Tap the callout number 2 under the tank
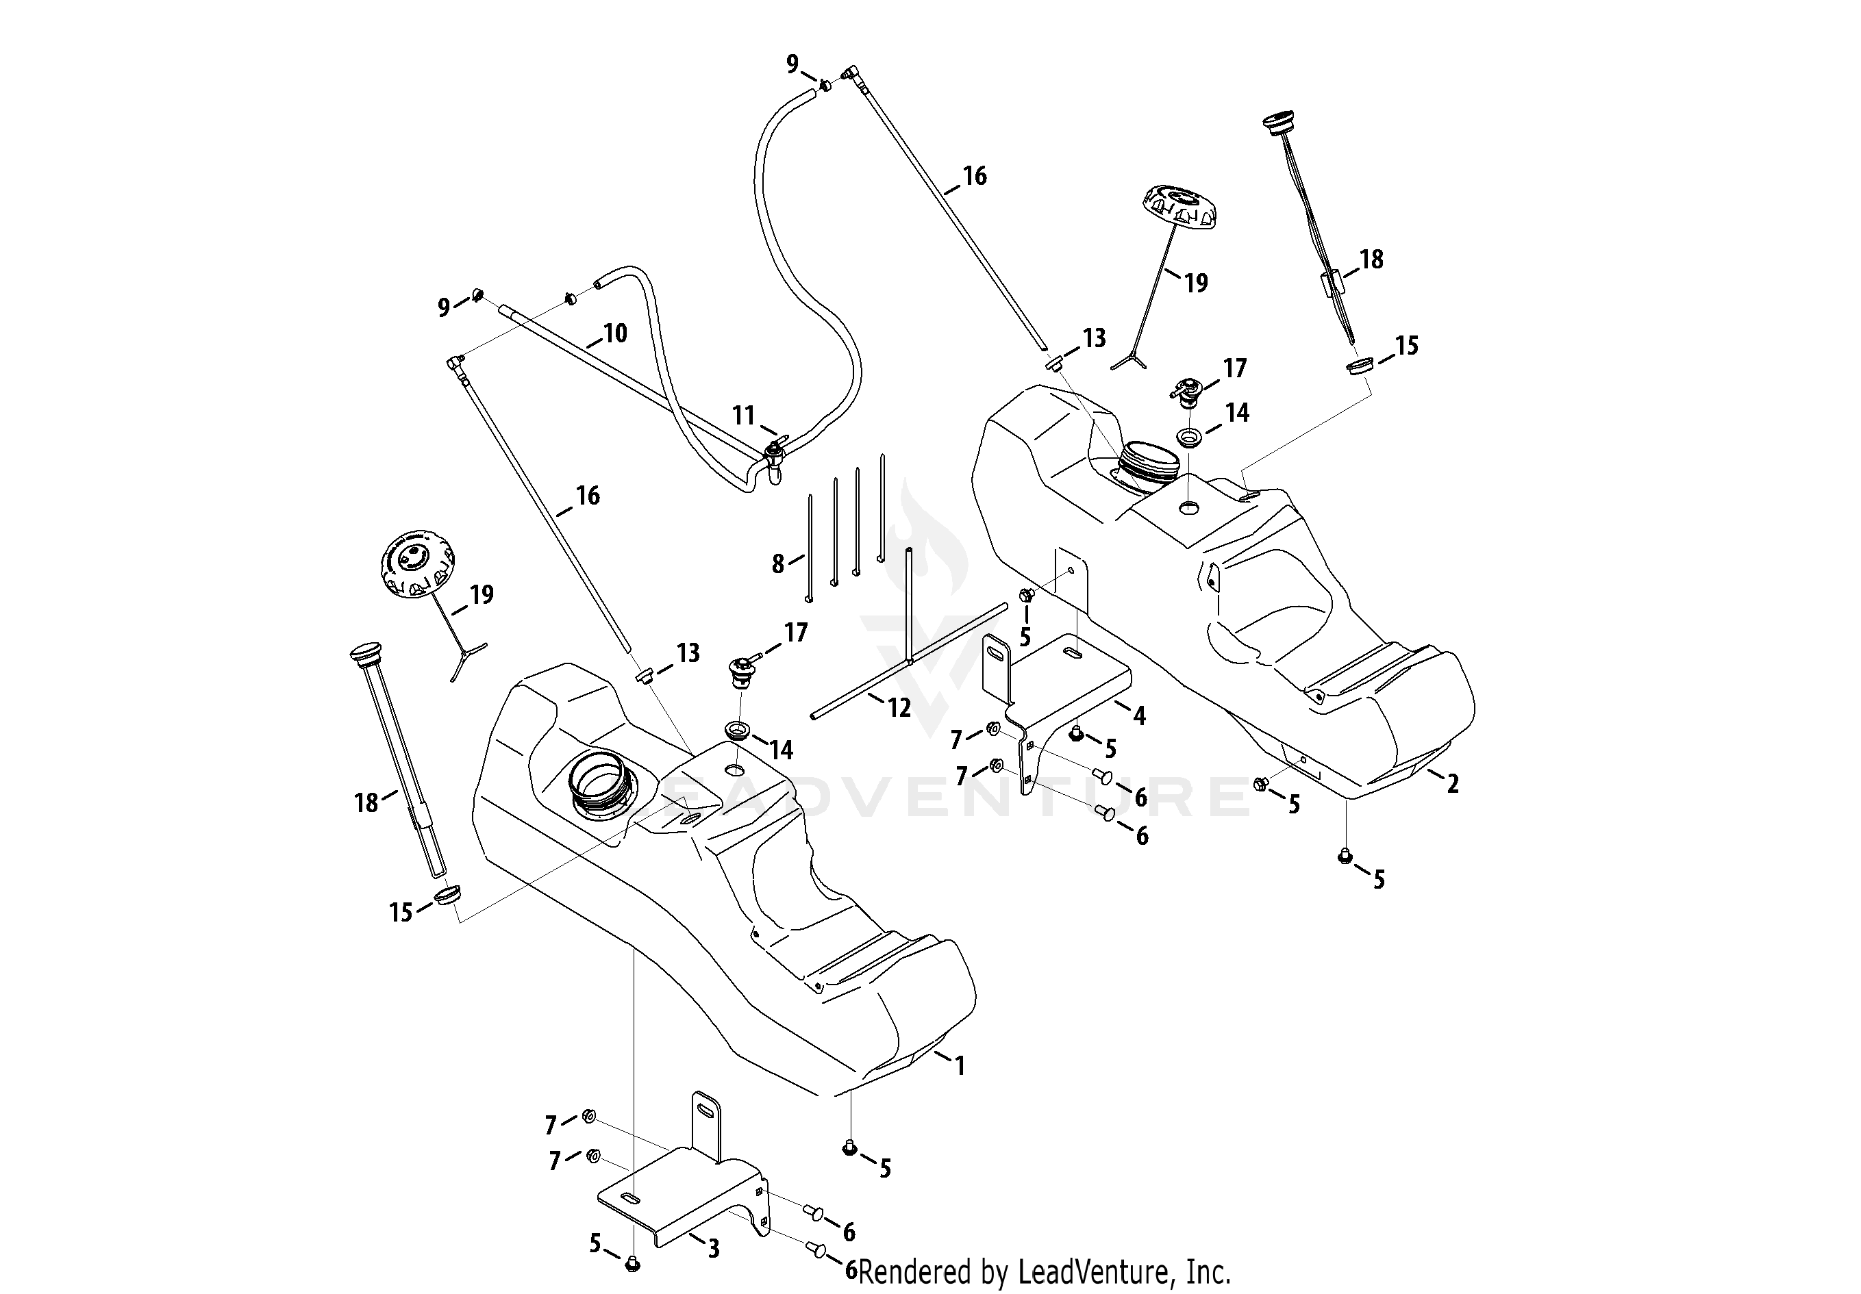[x=1453, y=783]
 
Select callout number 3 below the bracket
[x=713, y=1249]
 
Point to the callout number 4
[x=1139, y=715]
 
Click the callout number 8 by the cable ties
[x=778, y=564]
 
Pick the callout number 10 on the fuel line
[x=615, y=333]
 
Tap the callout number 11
[x=744, y=416]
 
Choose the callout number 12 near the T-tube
[x=899, y=708]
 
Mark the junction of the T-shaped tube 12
[x=910, y=661]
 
